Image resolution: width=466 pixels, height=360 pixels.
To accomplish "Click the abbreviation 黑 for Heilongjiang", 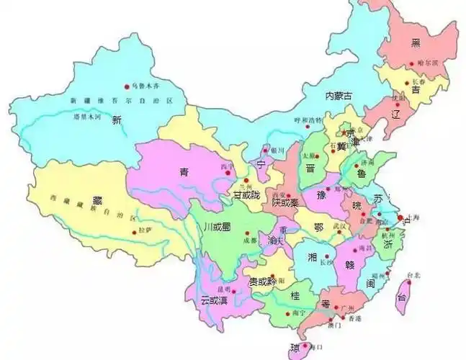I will coord(416,43).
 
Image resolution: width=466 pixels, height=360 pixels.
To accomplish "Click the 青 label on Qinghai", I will coord(184,172).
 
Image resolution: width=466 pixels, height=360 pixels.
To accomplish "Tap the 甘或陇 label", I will coord(243,195).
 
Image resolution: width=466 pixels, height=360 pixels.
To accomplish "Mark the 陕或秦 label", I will coord(286,204).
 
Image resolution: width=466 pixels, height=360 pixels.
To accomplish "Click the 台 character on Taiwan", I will coord(402,297).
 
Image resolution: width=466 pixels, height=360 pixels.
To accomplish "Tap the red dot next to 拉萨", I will coord(134,231).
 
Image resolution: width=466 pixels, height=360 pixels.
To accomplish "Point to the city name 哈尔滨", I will coord(427,64).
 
